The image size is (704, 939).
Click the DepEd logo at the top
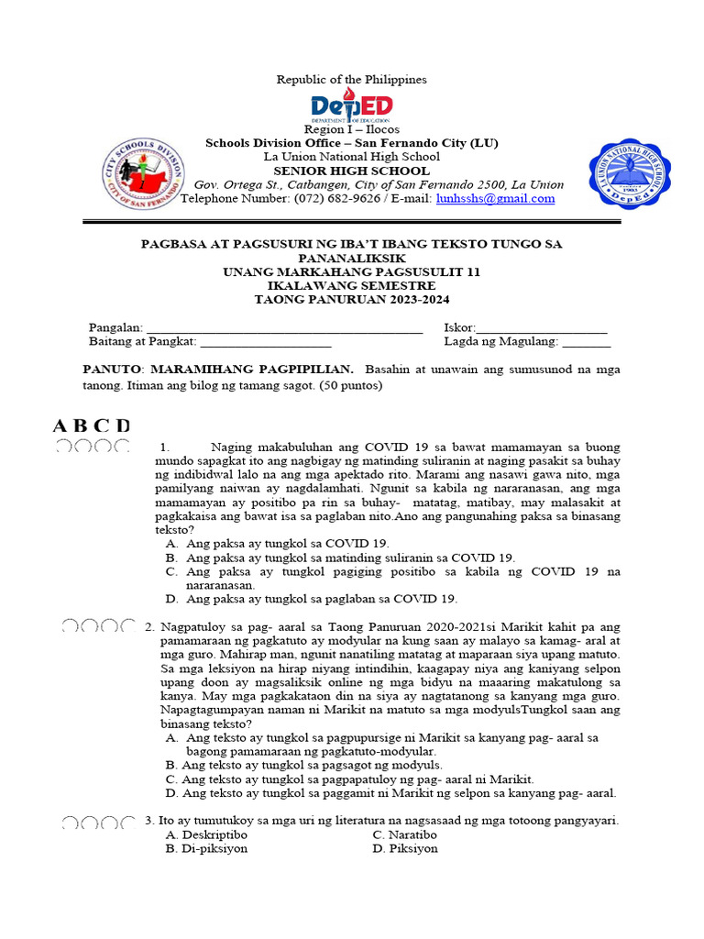point(352,105)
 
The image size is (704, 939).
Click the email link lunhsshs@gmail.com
point(495,198)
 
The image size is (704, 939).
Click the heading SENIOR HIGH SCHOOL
point(351,171)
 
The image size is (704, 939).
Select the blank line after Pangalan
point(284,328)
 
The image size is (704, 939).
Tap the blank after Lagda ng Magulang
point(586,343)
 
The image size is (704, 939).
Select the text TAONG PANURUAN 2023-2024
point(352,300)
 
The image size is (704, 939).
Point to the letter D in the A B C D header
point(123,425)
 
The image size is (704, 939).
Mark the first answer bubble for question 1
point(64,447)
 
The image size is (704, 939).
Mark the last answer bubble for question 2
point(129,626)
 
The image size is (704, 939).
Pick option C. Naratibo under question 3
point(404,835)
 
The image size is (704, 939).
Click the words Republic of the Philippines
point(352,80)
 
